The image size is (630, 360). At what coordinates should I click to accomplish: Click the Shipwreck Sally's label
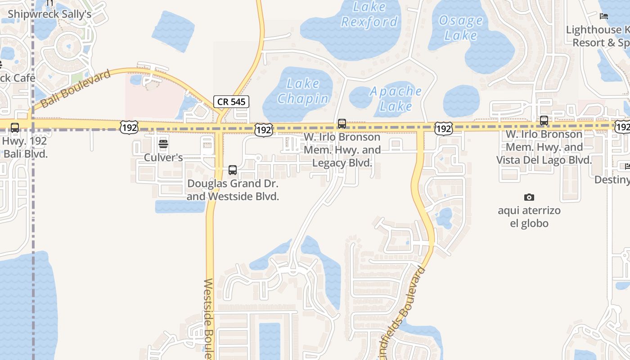(49, 14)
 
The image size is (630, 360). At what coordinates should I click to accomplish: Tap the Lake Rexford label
(369, 14)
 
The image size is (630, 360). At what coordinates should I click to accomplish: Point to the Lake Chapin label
(303, 91)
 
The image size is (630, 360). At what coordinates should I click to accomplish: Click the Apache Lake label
(396, 99)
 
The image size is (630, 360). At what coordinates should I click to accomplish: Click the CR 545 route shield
(231, 102)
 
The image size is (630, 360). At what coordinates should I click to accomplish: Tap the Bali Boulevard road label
(76, 89)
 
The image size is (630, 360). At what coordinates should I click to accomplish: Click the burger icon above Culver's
(163, 144)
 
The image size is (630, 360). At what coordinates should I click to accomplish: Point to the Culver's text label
(163, 157)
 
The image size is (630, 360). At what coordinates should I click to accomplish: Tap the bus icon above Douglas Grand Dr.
(233, 170)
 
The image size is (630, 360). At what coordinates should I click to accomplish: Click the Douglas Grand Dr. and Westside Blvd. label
(233, 190)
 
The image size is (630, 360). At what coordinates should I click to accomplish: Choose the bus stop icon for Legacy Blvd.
(342, 123)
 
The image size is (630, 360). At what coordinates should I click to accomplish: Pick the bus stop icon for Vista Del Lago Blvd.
(544, 121)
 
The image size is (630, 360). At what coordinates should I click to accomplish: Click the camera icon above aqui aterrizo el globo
(529, 197)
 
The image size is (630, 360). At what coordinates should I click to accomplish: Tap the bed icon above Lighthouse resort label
(604, 16)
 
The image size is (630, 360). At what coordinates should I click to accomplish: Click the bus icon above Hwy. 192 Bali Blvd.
(15, 128)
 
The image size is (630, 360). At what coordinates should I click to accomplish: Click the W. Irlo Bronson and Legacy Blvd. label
(342, 150)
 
